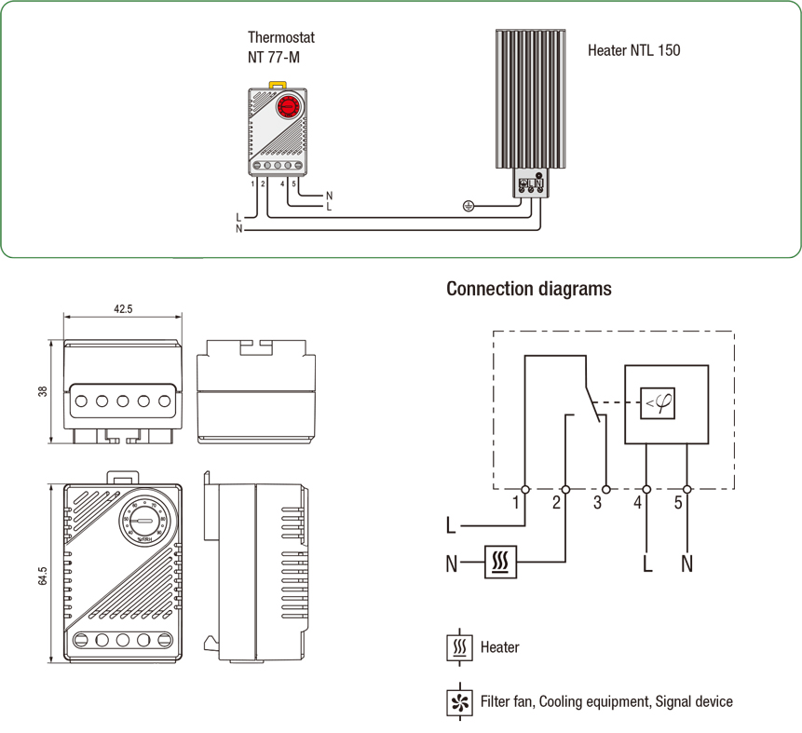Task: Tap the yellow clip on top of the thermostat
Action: [x=277, y=84]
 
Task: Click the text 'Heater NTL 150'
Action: [x=633, y=50]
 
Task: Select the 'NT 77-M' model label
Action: [x=274, y=58]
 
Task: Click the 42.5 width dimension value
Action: [x=122, y=307]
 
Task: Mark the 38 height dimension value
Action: [x=43, y=391]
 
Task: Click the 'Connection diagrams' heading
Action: [x=529, y=289]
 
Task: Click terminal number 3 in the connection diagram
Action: [x=597, y=503]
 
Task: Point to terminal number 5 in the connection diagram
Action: [x=677, y=503]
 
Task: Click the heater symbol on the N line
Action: [x=500, y=563]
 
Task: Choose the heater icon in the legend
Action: [x=459, y=647]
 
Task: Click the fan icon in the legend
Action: [x=459, y=701]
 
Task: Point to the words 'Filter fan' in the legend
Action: [x=507, y=701]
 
